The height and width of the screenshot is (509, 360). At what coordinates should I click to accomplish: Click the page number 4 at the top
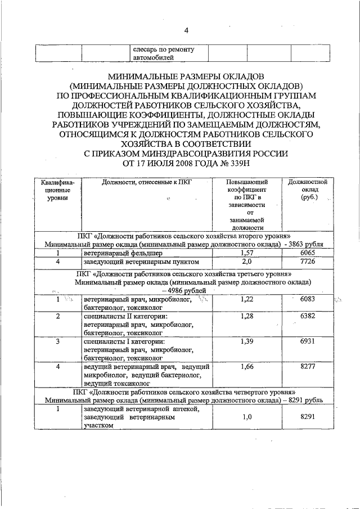click(186, 30)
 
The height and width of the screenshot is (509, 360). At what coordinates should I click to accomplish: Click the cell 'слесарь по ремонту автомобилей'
click(163, 53)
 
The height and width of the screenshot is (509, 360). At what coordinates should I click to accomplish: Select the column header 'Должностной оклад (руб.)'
click(307, 190)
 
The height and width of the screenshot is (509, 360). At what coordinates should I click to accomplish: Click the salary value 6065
click(307, 254)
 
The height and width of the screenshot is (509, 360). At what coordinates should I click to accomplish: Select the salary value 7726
click(307, 262)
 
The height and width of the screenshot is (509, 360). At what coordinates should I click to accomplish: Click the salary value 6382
click(307, 317)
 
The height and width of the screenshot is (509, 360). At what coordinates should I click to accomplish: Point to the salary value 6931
click(307, 342)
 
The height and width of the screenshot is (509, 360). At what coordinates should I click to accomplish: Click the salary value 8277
click(307, 367)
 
